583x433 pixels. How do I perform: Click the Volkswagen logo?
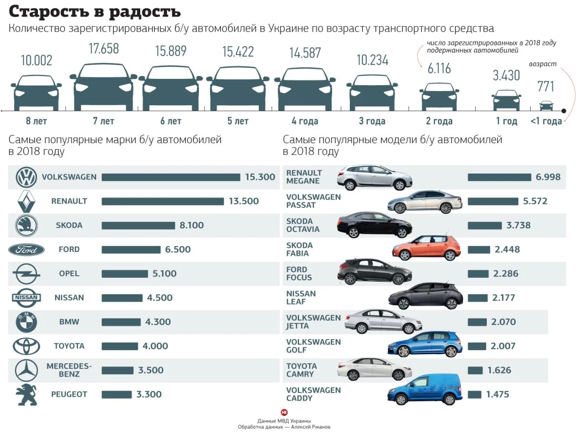click(26, 177)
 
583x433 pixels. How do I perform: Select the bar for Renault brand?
click(163, 201)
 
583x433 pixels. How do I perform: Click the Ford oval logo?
click(26, 250)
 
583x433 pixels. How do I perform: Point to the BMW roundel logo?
click(26, 322)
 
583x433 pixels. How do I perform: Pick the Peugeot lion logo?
click(26, 395)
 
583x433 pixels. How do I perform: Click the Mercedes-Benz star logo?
click(26, 371)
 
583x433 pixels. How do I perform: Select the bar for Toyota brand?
click(119, 346)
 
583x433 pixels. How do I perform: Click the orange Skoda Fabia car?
click(426, 248)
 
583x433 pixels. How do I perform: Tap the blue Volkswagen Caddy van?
click(425, 390)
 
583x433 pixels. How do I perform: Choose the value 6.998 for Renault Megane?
click(548, 177)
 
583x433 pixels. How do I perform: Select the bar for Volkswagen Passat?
click(493, 201)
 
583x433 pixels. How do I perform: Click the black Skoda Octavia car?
click(374, 224)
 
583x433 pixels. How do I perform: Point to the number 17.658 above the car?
click(104, 49)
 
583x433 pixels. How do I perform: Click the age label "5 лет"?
click(238, 121)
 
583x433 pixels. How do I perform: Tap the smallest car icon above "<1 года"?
click(546, 106)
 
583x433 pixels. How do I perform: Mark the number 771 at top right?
click(546, 86)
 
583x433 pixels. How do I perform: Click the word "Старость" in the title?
click(51, 11)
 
